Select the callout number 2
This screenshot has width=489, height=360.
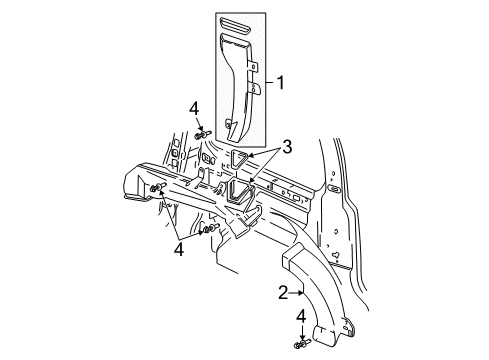click(x=282, y=294)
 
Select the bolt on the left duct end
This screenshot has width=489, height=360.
click(x=157, y=188)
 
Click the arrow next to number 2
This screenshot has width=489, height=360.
click(x=297, y=294)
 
